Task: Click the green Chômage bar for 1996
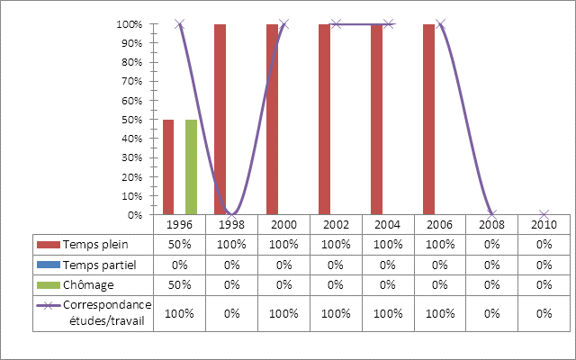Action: pos(191,166)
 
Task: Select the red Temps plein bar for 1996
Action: pos(168,166)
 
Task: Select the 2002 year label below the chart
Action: pos(337,223)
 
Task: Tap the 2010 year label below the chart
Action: pos(544,223)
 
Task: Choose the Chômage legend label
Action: pos(89,284)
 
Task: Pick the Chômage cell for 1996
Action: pos(180,284)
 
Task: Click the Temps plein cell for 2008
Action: pos(491,244)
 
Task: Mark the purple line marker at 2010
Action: pos(544,214)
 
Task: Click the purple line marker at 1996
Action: pos(180,24)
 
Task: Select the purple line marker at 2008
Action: pos(491,214)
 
